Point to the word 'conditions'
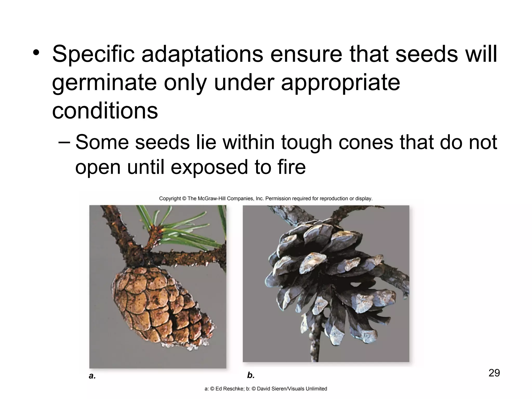(105, 111)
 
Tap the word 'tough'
(307, 143)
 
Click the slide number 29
(494, 373)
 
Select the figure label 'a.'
(92, 376)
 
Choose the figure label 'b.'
(251, 375)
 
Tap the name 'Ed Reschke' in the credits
(226, 389)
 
